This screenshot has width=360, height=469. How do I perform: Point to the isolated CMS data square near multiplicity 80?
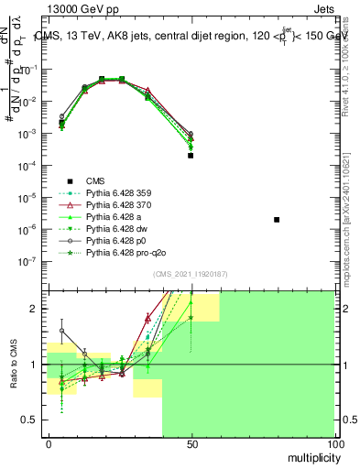pyautogui.click(x=277, y=220)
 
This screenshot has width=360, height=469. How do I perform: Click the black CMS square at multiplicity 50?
pyautogui.click(x=191, y=156)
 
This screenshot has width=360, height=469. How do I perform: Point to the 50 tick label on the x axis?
pyautogui.click(x=191, y=443)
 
